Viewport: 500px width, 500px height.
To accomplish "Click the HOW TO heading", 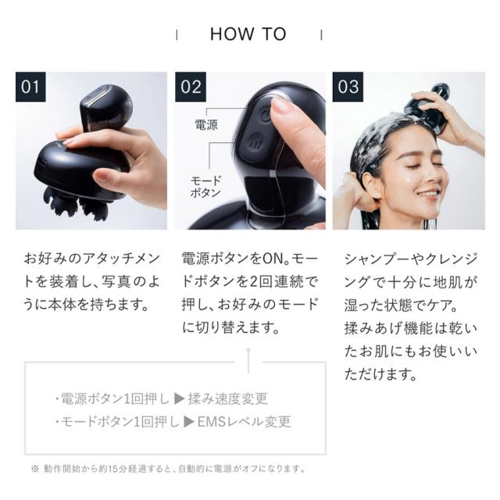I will (248, 34).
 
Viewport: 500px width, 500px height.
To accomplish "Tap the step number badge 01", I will (30, 86).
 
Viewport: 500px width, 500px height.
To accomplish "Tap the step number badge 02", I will (191, 86).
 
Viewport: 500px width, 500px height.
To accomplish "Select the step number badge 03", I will (348, 86).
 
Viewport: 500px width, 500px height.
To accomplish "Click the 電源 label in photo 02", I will (206, 124).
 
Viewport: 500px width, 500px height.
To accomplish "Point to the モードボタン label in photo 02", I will (206, 185).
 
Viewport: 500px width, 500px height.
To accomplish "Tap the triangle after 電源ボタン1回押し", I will (180, 399).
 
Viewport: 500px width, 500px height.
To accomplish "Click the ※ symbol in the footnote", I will (34, 469).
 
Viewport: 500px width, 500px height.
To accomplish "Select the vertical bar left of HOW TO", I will (177, 35).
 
